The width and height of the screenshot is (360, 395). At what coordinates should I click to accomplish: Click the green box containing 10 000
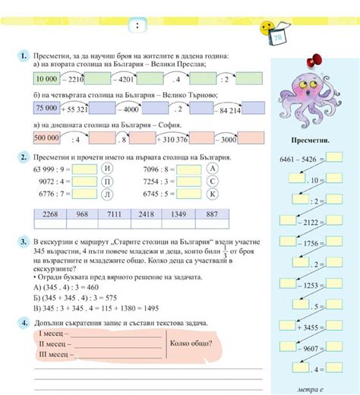pyautogui.click(x=46, y=77)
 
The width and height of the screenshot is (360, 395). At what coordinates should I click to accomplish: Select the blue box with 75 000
pyautogui.click(x=46, y=109)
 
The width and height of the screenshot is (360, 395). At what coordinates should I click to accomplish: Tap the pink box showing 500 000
pyautogui.click(x=46, y=139)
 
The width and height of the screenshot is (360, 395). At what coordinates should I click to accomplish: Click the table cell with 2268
pyautogui.click(x=50, y=215)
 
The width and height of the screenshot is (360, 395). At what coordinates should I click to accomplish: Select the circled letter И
pyautogui.click(x=106, y=169)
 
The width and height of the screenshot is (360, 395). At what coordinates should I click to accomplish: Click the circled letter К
pyautogui.click(x=213, y=194)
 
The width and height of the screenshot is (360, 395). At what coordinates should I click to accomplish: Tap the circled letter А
pyautogui.click(x=213, y=169)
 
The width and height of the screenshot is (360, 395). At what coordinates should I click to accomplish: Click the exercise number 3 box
pyautogui.click(x=25, y=240)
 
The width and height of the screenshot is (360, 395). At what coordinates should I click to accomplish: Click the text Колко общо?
pyautogui.click(x=191, y=343)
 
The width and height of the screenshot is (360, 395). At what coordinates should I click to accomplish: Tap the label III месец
pyautogui.click(x=52, y=354)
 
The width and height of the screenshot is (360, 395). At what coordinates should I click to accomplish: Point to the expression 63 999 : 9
pyautogui.click(x=52, y=169)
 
